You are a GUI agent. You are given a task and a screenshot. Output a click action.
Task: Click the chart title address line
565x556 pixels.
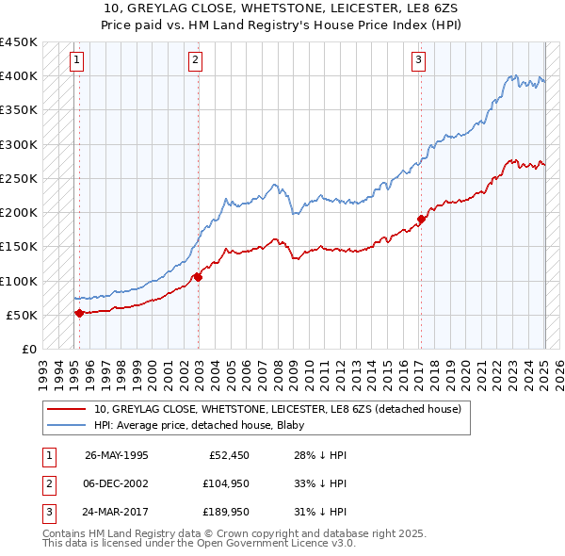[x=282, y=8]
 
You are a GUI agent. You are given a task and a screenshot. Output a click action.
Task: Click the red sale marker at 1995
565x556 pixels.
[x=79, y=313]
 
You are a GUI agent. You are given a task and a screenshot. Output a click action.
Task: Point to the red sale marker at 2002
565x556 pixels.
[x=198, y=277]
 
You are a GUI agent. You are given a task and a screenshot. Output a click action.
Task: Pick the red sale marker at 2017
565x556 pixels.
[x=421, y=219]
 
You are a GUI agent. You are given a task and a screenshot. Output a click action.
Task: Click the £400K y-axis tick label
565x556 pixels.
[x=19, y=76]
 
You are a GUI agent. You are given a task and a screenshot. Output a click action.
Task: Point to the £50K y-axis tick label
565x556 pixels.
[x=23, y=315]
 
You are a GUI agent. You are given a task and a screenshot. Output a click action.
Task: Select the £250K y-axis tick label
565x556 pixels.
[x=19, y=178]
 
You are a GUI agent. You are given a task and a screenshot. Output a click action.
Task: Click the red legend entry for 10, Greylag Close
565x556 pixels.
[x=277, y=410]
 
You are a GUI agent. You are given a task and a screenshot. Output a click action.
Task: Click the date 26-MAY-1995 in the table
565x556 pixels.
[x=117, y=454]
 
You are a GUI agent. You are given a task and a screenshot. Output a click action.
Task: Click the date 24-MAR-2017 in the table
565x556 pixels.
[x=117, y=513]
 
